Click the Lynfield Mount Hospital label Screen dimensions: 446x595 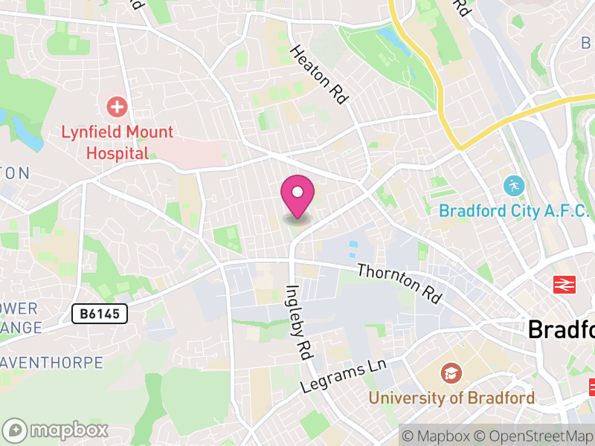[x=117, y=143]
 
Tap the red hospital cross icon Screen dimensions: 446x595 [x=117, y=107]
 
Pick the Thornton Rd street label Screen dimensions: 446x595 [x=399, y=282]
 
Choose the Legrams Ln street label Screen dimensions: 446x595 [x=344, y=378]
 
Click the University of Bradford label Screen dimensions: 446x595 [x=451, y=398]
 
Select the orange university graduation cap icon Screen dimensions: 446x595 [x=450, y=372]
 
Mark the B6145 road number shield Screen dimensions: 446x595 [x=100, y=314]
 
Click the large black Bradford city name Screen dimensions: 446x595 [x=562, y=329]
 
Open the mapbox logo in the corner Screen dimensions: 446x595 [x=56, y=430]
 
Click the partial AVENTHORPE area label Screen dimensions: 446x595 [x=51, y=363]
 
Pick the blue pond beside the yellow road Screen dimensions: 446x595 [x=390, y=37]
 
